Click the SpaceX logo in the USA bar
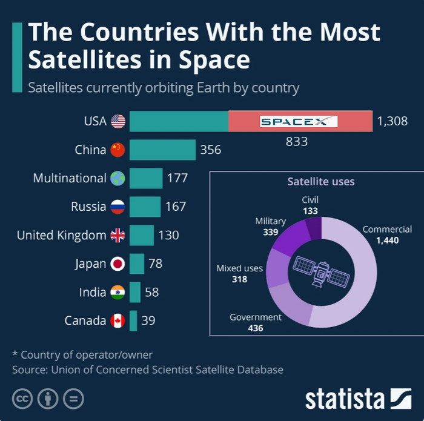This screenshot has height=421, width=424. tap(299, 122)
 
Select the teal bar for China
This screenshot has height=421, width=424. tap(162, 150)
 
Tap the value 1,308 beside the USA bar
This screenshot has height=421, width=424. tap(392, 122)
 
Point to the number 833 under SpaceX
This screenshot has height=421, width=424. tap(297, 142)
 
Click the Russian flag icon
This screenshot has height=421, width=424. tap(118, 207)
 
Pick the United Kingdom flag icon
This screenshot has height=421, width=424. tap(118, 235)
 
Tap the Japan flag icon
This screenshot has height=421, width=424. tap(118, 264)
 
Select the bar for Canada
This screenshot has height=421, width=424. tap(133, 320)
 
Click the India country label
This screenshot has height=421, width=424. tap(92, 292)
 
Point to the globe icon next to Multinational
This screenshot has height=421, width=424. tap(118, 178)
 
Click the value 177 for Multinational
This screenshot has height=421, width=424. tap(177, 178)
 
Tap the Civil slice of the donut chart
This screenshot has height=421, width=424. tap(314, 229)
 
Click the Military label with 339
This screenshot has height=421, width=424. tap(270, 227)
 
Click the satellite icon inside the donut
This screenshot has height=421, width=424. tap(321, 271)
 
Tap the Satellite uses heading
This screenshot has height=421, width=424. tap(320, 181)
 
